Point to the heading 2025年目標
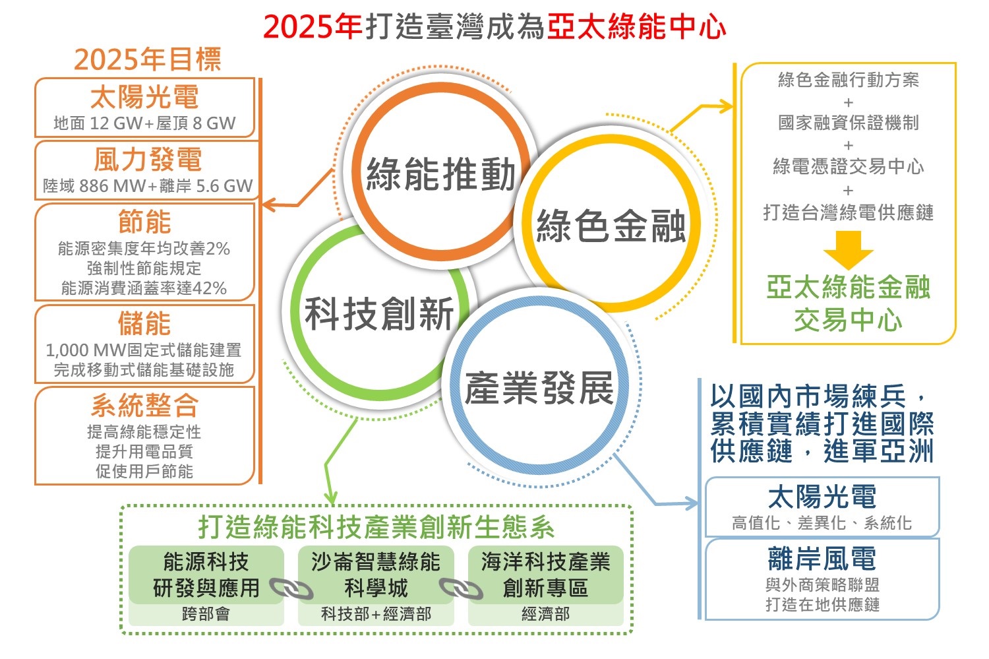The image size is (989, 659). [x=148, y=59]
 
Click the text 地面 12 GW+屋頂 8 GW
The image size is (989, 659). [x=144, y=123]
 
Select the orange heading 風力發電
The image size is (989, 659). [x=148, y=160]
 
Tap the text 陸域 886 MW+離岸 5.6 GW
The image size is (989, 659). [x=148, y=186]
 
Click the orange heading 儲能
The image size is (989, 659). [x=144, y=323]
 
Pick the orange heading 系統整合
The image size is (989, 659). [x=145, y=406]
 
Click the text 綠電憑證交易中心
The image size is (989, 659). [x=848, y=166]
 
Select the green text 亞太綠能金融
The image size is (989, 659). [x=848, y=287]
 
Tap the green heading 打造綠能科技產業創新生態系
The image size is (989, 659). [x=376, y=527]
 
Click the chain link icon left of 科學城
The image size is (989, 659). [x=291, y=588]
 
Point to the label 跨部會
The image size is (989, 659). [x=206, y=613]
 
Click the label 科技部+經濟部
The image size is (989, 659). [x=376, y=613]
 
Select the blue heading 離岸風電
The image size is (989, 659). [x=822, y=558]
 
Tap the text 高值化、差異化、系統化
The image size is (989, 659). [x=822, y=523]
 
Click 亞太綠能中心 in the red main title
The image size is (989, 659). [x=637, y=26]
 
